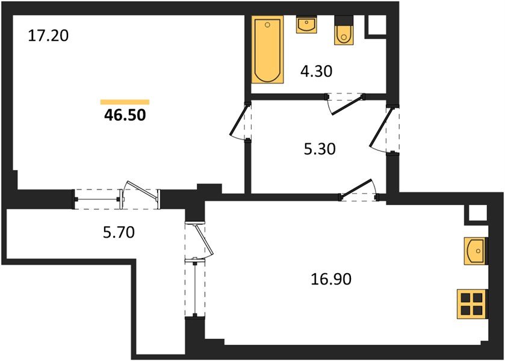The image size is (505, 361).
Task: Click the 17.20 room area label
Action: [x=49, y=36]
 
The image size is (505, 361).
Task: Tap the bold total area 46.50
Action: [x=125, y=116]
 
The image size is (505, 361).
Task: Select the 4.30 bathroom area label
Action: [x=317, y=72]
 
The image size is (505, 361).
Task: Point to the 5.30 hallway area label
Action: [x=319, y=148]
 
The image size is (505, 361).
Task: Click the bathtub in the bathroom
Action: [x=268, y=50]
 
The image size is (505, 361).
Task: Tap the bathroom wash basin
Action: [x=306, y=25]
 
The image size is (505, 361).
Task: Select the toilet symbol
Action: [x=344, y=34]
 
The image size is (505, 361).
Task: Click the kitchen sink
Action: [x=475, y=248]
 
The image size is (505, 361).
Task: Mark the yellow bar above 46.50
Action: [x=125, y=102]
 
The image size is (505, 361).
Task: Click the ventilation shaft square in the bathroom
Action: [x=377, y=24]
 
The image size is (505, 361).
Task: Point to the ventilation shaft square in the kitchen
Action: [x=477, y=214]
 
